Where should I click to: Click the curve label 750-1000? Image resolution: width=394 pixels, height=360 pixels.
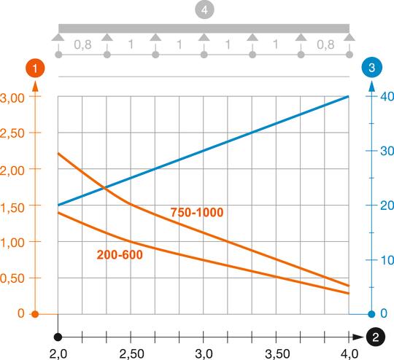[x=197, y=212]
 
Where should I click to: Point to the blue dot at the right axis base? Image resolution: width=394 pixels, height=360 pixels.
[x=372, y=314]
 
